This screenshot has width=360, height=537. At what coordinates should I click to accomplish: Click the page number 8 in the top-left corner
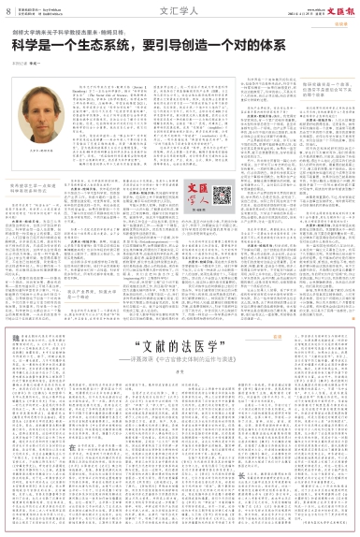[7, 11]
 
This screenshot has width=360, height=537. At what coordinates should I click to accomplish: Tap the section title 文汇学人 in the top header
[179, 11]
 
